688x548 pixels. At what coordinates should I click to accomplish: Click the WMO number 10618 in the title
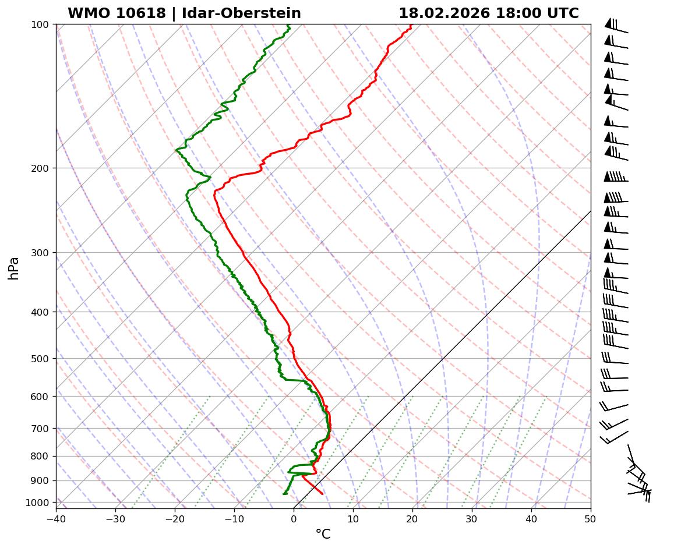[146, 13]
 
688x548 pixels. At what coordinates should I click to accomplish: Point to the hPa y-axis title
[13, 268]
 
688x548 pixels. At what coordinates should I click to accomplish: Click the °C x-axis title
[323, 534]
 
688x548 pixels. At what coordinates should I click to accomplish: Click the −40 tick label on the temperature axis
[56, 517]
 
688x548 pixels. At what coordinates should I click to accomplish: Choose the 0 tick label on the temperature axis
[294, 517]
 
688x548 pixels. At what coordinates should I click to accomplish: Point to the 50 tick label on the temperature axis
[591, 517]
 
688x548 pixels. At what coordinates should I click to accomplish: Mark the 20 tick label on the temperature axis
[412, 517]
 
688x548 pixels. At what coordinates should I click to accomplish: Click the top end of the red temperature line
[411, 25]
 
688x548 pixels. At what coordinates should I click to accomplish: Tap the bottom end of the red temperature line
[322, 494]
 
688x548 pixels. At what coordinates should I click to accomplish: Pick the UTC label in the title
[563, 13]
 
